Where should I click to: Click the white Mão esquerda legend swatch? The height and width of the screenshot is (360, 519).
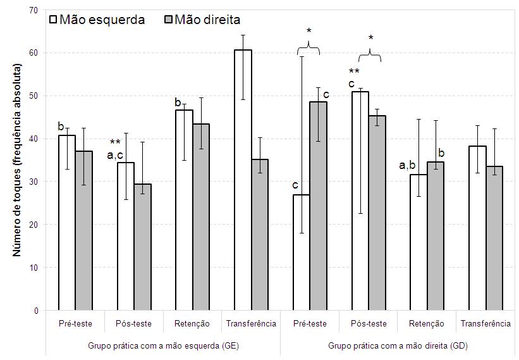coord(53,20)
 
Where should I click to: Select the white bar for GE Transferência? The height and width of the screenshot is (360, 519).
coord(242,180)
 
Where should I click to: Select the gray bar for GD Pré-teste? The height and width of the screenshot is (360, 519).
coord(319,206)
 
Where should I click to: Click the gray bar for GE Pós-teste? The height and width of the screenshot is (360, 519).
coord(143,247)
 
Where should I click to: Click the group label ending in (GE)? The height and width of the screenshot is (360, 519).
coord(163,346)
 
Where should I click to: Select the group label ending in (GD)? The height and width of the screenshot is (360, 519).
coord(398,346)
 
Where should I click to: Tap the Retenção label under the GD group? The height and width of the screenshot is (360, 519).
coord(427,323)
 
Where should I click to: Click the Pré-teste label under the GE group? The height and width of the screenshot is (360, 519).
coord(75,323)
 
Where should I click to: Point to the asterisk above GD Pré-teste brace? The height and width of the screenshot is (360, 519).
coord(310,31)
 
